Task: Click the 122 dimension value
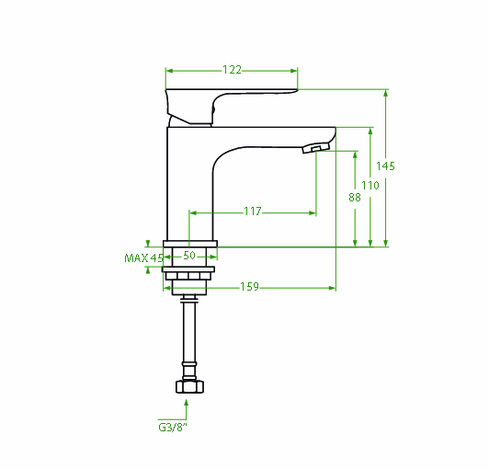click(232, 69)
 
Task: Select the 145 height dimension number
click(385, 166)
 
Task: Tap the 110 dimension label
click(370, 186)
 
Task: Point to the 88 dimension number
click(355, 197)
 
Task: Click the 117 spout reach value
click(253, 212)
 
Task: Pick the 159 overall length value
click(249, 286)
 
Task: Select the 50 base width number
click(189, 256)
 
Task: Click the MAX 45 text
click(143, 258)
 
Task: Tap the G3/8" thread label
click(173, 428)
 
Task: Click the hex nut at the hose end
click(189, 386)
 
